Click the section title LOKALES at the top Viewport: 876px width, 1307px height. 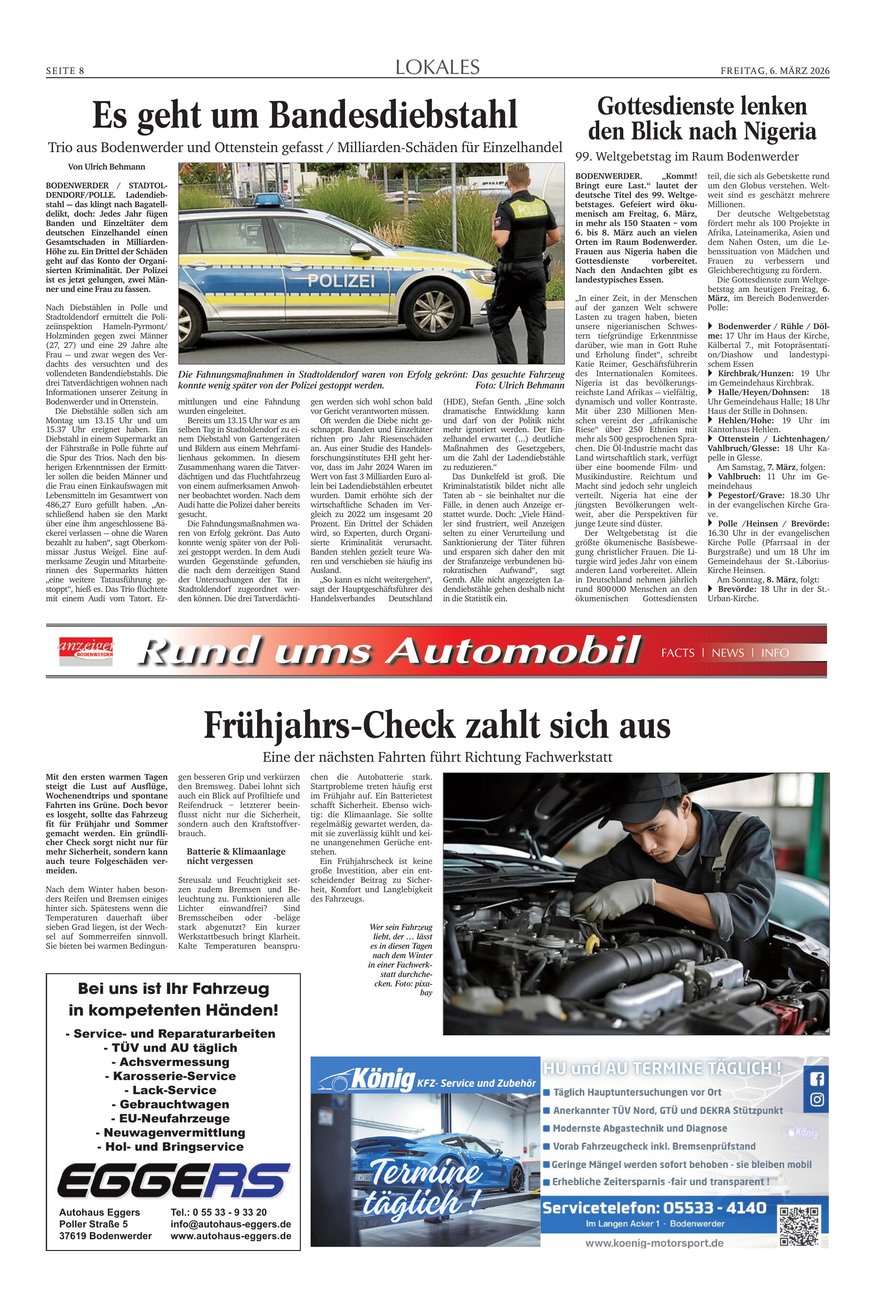[x=437, y=68]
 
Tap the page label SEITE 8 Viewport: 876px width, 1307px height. [x=65, y=71]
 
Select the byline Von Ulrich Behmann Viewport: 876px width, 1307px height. [x=106, y=167]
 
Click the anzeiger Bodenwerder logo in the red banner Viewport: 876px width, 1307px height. [x=86, y=651]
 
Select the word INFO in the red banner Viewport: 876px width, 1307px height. [x=775, y=653]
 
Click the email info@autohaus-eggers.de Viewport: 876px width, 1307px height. [x=231, y=1224]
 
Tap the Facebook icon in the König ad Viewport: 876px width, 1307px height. [x=817, y=1079]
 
